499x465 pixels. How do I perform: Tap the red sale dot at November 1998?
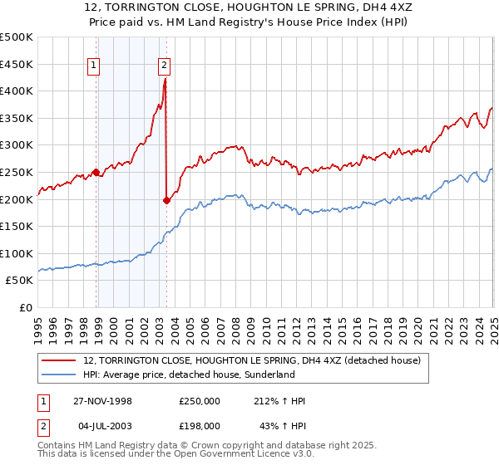(x=96, y=173)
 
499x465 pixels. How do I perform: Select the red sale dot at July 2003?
(x=166, y=200)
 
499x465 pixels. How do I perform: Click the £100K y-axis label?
(x=17, y=253)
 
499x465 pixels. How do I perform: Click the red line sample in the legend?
(x=58, y=360)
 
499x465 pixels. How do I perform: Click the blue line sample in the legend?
(x=58, y=374)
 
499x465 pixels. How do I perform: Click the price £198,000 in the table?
(x=199, y=426)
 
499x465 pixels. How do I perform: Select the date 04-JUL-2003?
(x=102, y=426)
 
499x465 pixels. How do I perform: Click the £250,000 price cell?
(x=199, y=401)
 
